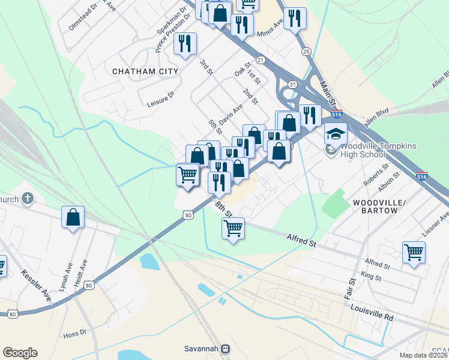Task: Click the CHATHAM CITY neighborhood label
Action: click(145, 71)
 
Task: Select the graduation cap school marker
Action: click(336, 134)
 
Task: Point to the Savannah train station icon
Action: click(226, 349)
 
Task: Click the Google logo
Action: click(20, 353)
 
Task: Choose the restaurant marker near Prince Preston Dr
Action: click(185, 44)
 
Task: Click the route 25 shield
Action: click(306, 52)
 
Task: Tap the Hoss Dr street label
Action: click(75, 331)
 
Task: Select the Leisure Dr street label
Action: click(160, 99)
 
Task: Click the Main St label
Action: click(330, 93)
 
